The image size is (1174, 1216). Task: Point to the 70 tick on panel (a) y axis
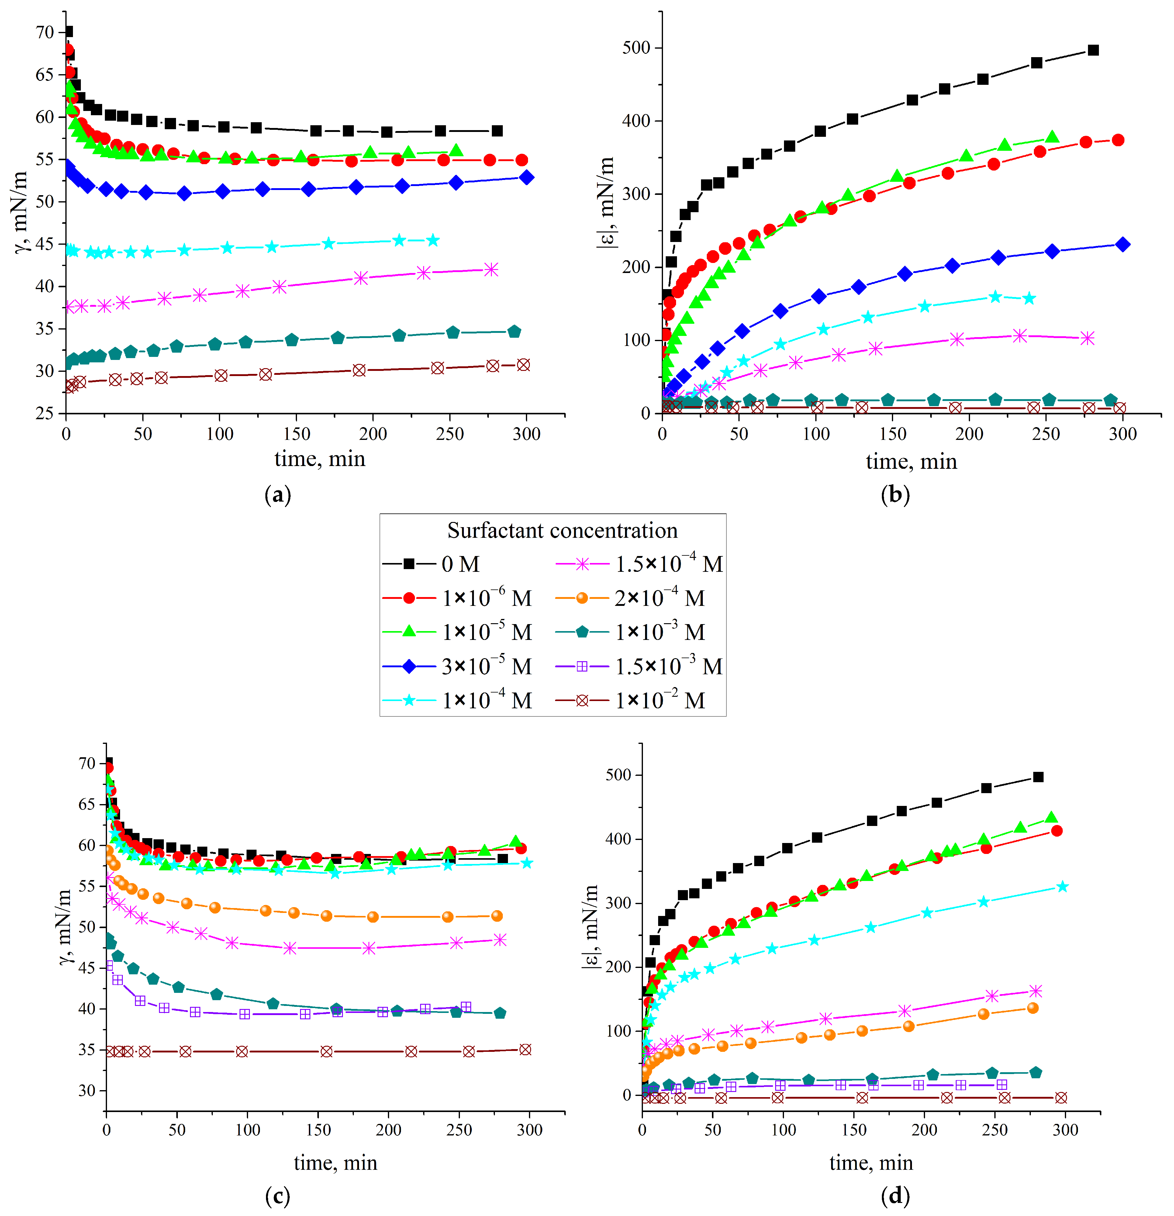[45, 32]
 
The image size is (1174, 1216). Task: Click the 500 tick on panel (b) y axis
[636, 48]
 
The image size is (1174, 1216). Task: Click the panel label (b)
[895, 495]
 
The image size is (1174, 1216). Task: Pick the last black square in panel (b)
[1093, 50]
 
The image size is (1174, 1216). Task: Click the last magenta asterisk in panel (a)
[491, 269]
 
